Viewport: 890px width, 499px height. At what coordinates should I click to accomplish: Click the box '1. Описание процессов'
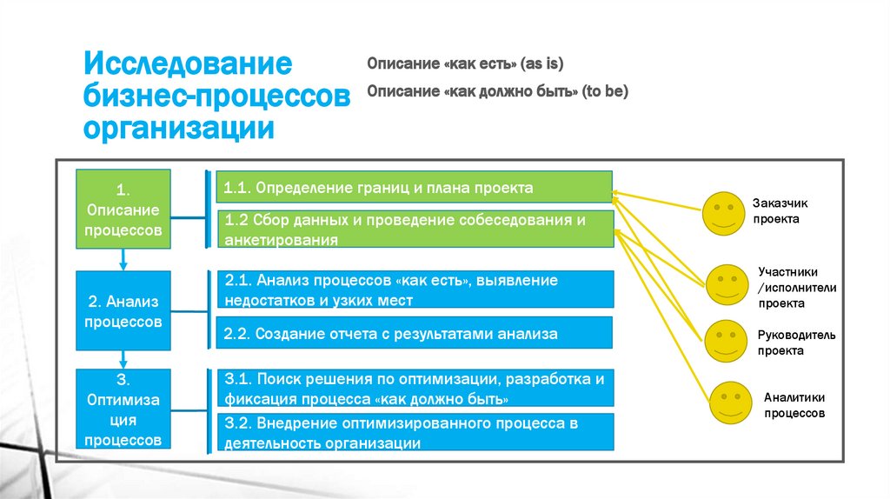point(123,210)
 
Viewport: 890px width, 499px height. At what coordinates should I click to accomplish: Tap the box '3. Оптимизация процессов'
point(123,409)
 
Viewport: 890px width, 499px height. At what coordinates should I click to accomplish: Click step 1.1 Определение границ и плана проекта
point(414,188)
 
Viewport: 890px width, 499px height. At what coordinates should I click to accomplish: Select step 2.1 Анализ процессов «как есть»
point(414,290)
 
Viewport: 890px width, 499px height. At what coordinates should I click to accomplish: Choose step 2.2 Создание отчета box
point(414,333)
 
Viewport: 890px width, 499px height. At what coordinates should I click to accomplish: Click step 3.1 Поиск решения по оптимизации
point(414,388)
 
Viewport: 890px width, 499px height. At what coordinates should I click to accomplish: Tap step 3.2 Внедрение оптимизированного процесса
point(414,432)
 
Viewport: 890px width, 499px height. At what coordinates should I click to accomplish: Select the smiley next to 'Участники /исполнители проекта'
point(727,286)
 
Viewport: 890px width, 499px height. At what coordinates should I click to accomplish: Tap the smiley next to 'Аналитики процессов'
point(730,403)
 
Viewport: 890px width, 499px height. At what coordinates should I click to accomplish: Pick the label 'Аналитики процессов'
point(794,405)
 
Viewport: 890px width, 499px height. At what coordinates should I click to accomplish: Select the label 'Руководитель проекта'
point(795,343)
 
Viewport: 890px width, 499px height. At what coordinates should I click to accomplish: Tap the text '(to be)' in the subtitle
point(606,90)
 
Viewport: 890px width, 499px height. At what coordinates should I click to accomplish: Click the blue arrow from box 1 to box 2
point(123,259)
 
